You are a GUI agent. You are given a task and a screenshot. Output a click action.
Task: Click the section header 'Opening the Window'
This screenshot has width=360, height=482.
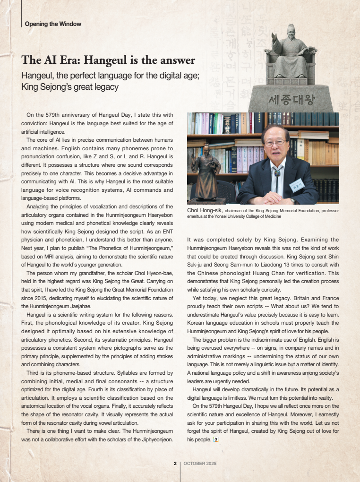[x=53, y=24]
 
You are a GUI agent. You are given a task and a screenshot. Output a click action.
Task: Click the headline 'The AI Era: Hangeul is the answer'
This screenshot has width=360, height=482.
[x=108, y=61]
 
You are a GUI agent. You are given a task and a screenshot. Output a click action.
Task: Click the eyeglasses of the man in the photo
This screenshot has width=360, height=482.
[x=275, y=143]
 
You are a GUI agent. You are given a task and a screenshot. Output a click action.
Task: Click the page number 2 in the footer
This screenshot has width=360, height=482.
[x=175, y=463]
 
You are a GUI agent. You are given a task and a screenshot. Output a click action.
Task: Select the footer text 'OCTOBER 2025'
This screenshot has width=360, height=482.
[x=200, y=463]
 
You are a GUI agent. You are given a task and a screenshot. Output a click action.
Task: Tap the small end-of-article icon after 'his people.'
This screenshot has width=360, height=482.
[x=215, y=439]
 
